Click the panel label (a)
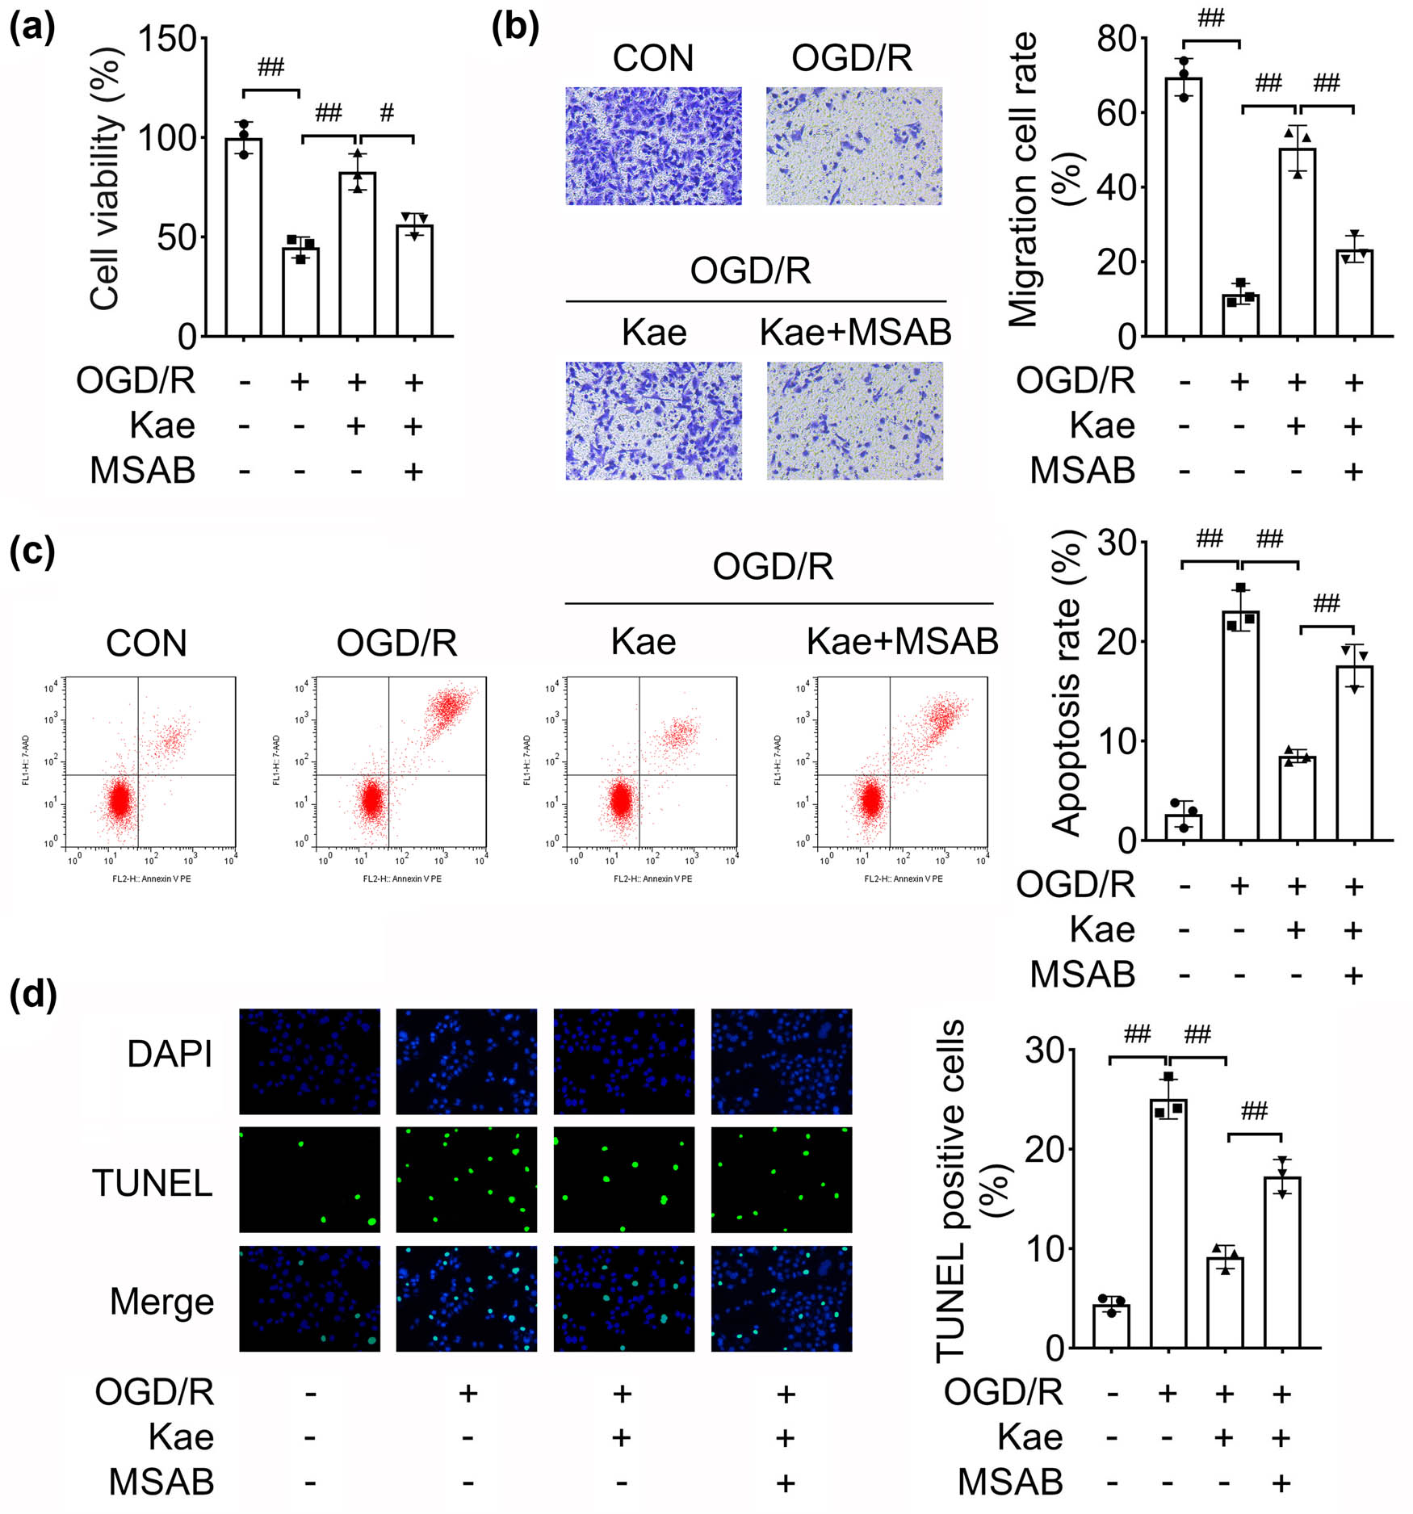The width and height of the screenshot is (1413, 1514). [31, 29]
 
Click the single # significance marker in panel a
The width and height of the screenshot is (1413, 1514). [387, 112]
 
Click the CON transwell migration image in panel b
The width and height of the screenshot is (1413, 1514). [653, 146]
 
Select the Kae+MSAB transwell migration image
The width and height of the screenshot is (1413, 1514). [854, 421]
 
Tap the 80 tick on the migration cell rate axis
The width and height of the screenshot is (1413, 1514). [1116, 39]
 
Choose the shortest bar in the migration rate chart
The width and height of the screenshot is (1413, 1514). [1240, 316]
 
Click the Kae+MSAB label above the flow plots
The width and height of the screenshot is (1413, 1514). [902, 642]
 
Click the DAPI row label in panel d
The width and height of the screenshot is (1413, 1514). [170, 1054]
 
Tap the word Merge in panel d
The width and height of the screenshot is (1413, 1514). [161, 1302]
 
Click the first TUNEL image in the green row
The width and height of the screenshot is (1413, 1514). [309, 1179]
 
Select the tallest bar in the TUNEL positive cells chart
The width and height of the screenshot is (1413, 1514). [1168, 1223]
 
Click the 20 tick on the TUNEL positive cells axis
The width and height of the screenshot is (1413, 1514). [1044, 1149]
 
